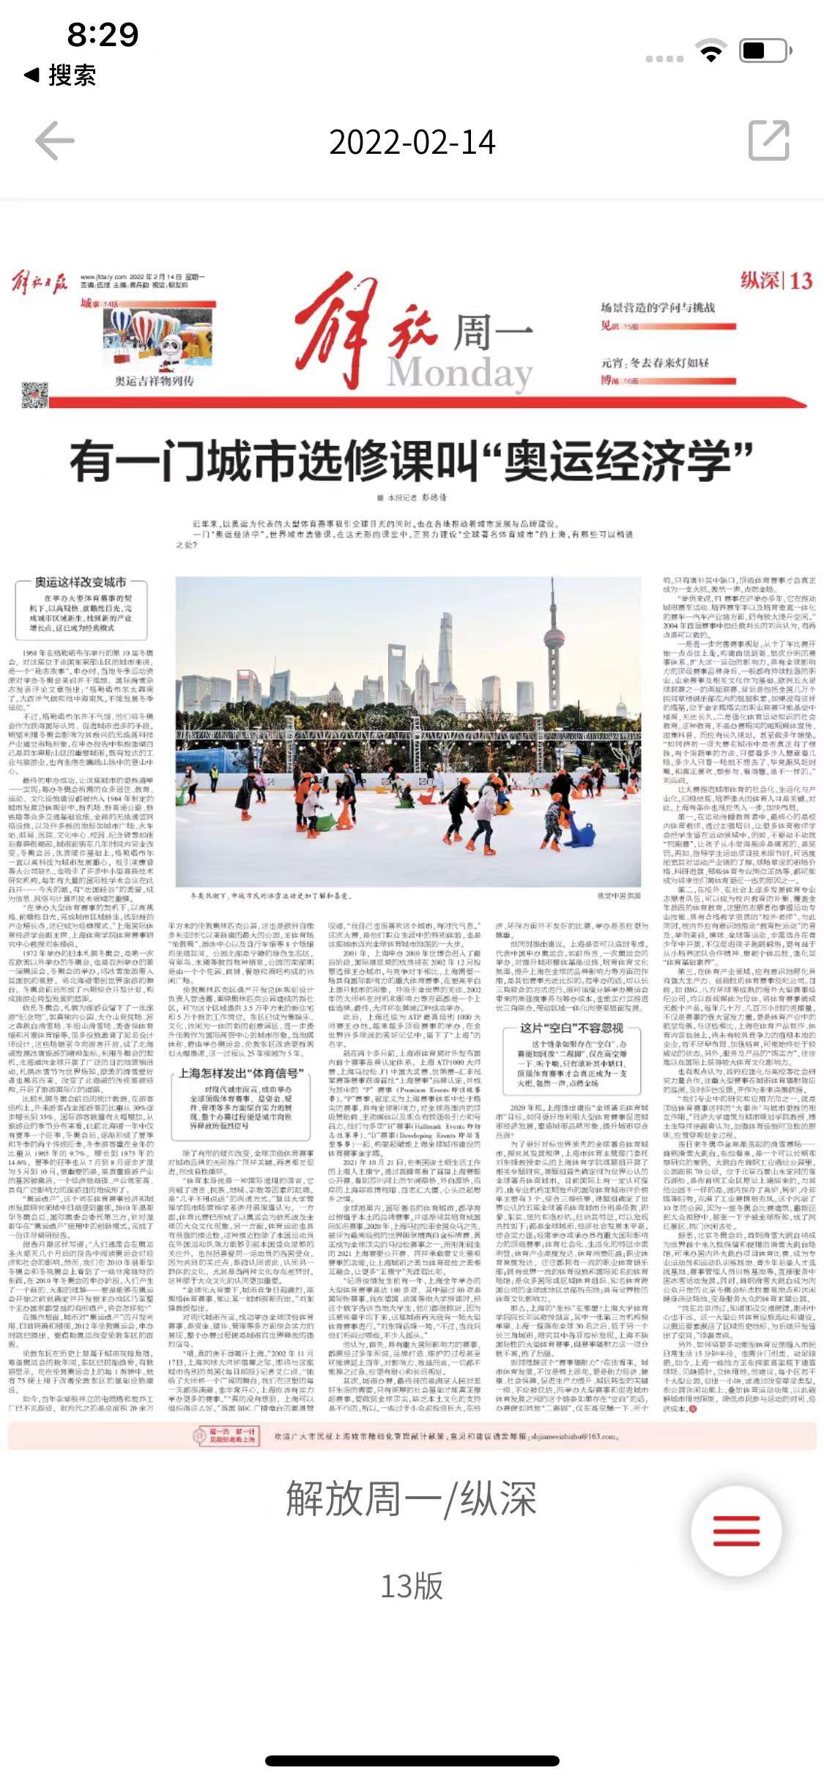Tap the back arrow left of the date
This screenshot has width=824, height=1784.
56,141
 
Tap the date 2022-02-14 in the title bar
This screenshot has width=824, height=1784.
412,142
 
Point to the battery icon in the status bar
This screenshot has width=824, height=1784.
765,51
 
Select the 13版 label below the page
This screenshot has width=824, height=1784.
412,1586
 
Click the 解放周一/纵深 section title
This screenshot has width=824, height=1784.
412,1498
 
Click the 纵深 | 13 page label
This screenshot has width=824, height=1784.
776,280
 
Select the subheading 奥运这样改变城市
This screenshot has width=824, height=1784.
81,582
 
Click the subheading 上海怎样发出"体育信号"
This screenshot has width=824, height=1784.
241,1073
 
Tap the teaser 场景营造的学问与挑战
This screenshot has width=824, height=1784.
658,308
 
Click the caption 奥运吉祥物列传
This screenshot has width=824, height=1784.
154,381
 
